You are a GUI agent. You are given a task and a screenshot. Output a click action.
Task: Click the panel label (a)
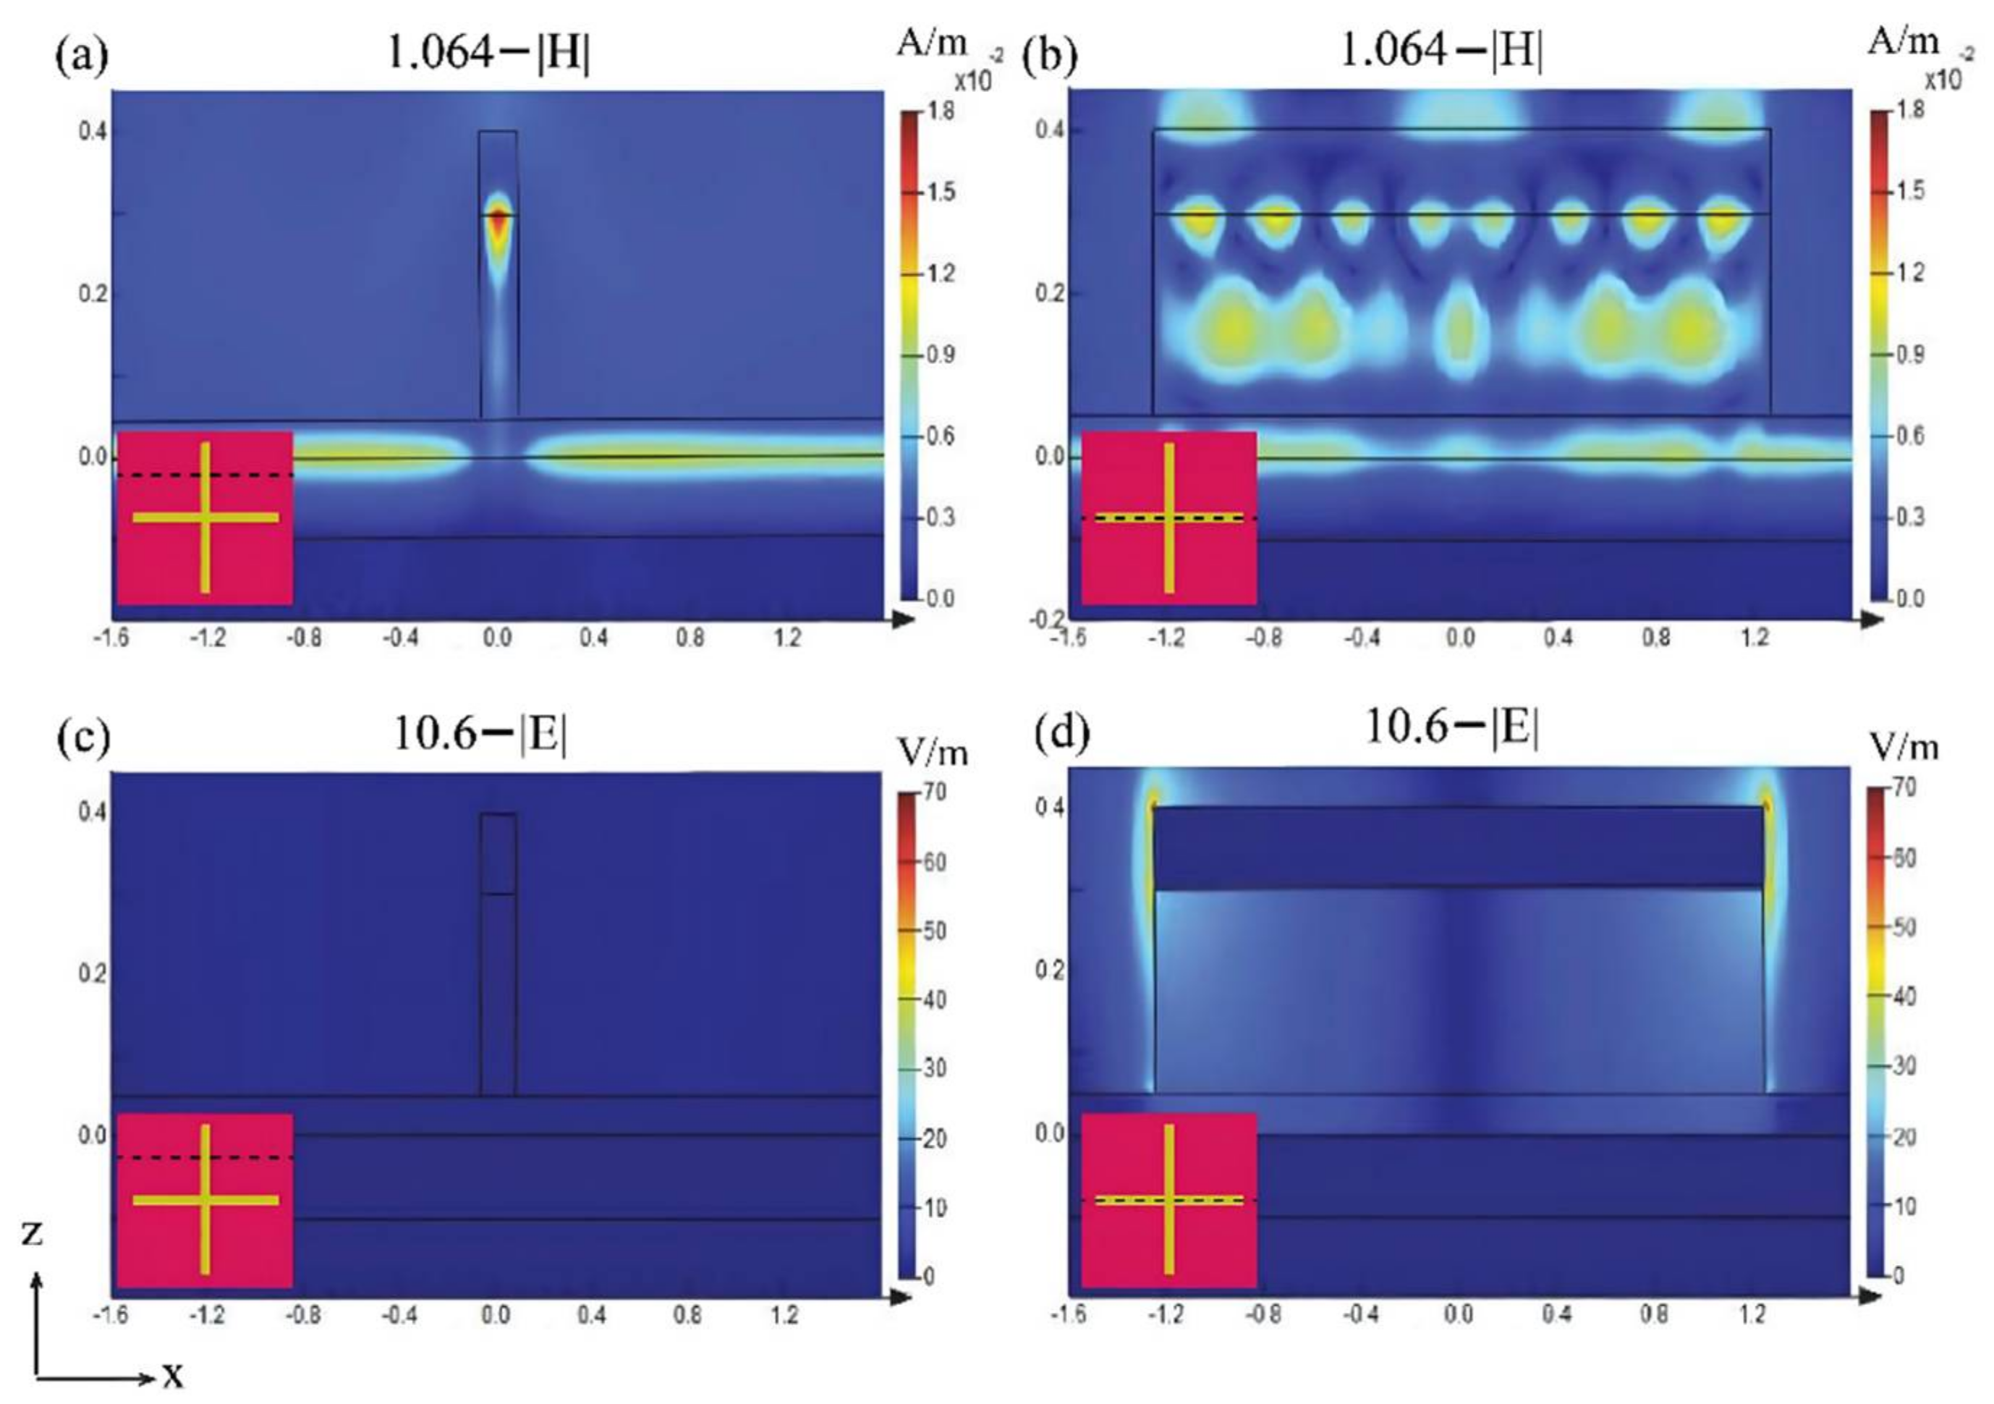coord(82,57)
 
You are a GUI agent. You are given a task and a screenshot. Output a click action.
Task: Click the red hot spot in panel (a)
coord(498,221)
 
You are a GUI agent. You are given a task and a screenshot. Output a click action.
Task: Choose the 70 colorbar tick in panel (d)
coord(1904,788)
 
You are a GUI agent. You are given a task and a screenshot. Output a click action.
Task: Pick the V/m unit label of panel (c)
coord(933,753)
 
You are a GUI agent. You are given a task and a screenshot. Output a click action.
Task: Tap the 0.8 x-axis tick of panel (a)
coord(690,638)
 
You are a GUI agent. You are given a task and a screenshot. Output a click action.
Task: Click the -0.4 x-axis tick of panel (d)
coord(1360,1314)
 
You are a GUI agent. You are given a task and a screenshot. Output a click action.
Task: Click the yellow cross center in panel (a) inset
coord(205,517)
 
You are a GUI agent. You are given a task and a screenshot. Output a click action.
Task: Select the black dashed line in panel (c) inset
coord(205,1157)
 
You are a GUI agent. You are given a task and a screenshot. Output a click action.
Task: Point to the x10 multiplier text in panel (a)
coord(972,81)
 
